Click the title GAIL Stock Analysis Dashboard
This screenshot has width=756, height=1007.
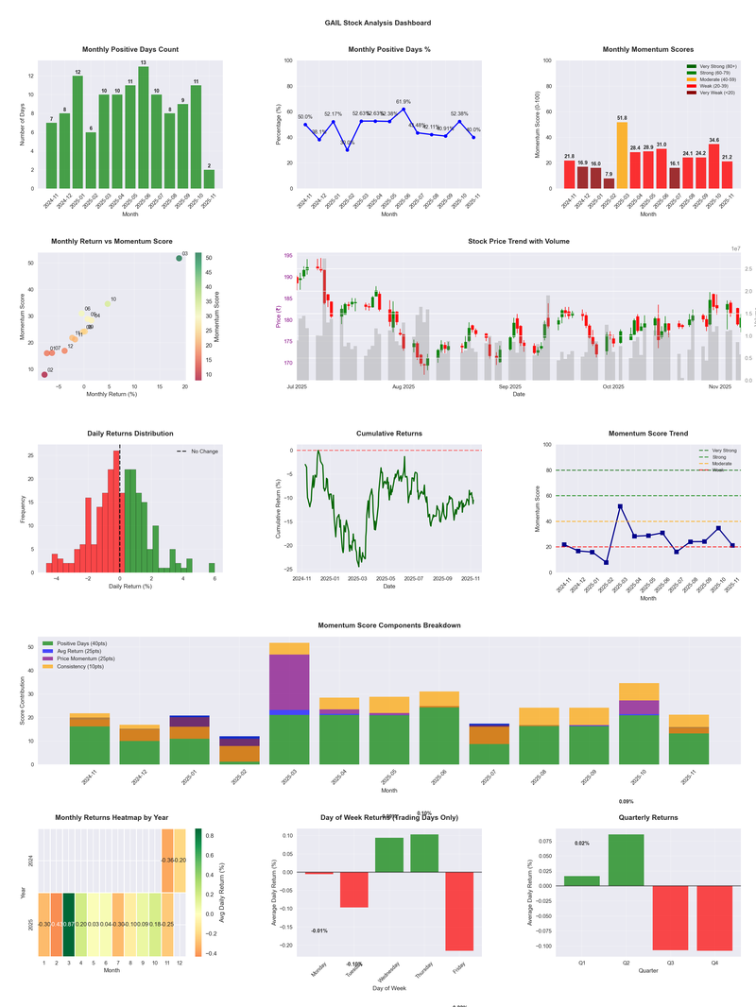point(378,23)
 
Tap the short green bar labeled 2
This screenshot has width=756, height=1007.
point(209,179)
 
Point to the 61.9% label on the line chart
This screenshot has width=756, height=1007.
point(404,101)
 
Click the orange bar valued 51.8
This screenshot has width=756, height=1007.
point(622,155)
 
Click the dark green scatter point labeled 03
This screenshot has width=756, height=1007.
point(179,258)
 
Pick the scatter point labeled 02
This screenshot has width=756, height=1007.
point(43,375)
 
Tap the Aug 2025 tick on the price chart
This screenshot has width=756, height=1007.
point(404,386)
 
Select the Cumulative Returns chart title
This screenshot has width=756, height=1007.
point(389,434)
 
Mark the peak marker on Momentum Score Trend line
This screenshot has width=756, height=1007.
point(620,506)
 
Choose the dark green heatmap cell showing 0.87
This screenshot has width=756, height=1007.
point(69,925)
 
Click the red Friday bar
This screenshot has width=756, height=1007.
point(459,911)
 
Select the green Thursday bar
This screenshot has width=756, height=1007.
point(424,853)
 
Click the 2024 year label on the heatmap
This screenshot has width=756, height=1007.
point(31,861)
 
